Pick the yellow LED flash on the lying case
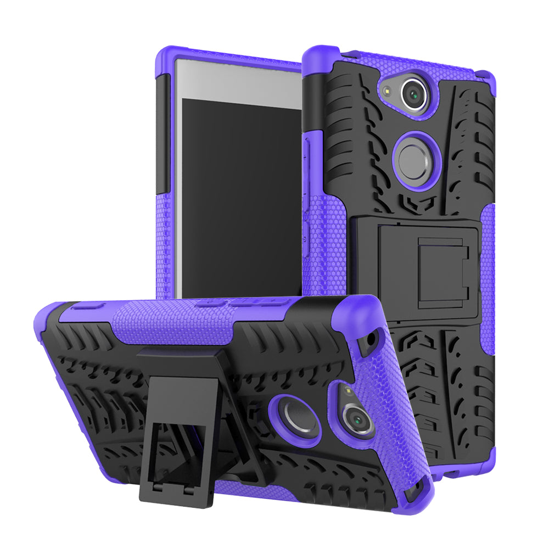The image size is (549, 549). [347, 393]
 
